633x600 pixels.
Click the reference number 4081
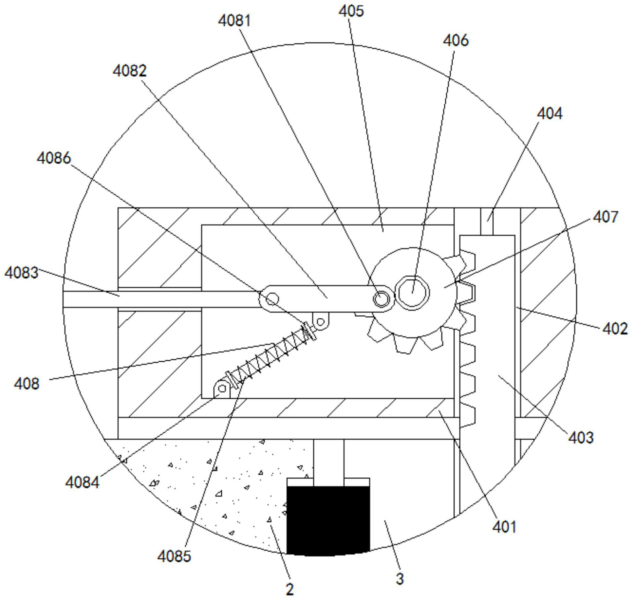click(234, 21)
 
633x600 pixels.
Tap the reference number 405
click(351, 11)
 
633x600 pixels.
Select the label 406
click(456, 41)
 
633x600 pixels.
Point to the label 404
click(549, 114)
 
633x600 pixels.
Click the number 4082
click(129, 71)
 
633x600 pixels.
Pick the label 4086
click(54, 158)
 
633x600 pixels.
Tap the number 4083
click(22, 273)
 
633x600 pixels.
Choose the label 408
click(26, 384)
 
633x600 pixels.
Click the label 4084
click(82, 482)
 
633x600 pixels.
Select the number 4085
click(174, 556)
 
